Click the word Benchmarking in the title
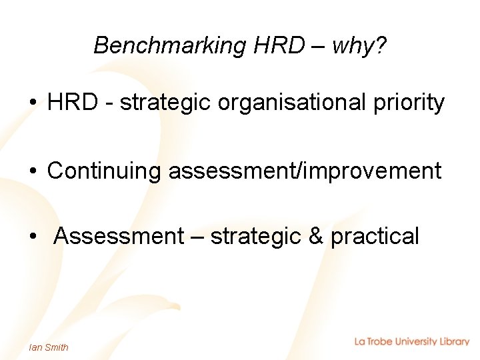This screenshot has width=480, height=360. coord(170,45)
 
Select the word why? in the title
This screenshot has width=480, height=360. coord(359,45)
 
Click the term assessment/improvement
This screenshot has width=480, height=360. coord(305,171)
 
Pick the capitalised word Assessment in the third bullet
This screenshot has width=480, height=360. coord(119,236)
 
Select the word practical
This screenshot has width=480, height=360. coord(375,236)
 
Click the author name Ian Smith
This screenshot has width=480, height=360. coord(49,347)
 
